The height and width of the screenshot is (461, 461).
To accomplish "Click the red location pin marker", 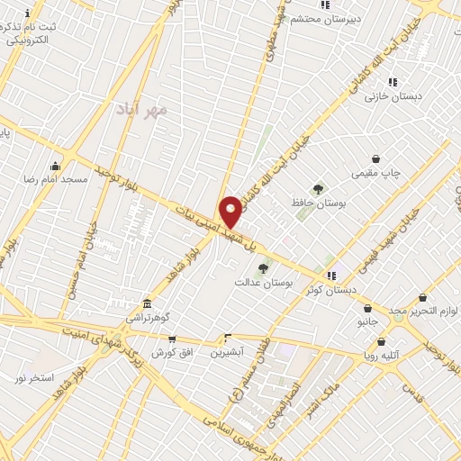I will (231, 211).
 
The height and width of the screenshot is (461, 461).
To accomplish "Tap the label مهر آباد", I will (142, 110).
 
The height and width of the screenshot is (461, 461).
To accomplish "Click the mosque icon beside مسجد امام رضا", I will (56, 165).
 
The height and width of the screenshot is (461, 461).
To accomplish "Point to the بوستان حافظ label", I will (318, 203).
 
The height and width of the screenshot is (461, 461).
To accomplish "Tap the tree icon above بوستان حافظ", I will (318, 189).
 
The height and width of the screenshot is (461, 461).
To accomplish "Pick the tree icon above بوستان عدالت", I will (263, 267).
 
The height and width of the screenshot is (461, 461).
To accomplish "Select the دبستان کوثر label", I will (331, 289).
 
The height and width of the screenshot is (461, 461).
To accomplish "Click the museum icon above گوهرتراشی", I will (148, 304).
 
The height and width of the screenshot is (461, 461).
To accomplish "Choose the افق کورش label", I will (169, 352).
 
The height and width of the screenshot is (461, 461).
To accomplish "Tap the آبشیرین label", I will (227, 353).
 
